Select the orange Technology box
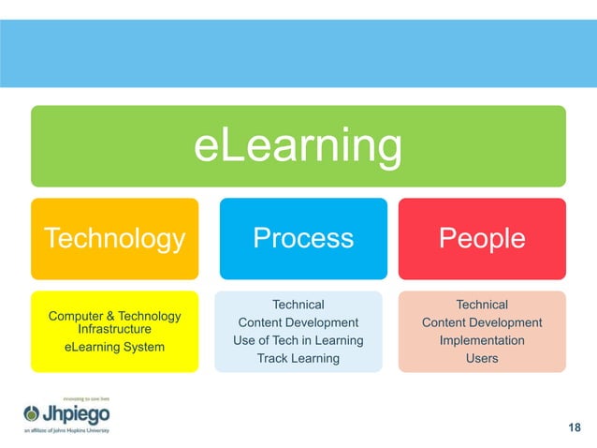tap(114, 239)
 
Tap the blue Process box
tap(303, 239)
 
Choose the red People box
tap(482, 239)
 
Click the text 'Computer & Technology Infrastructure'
tap(114, 323)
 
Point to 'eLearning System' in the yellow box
tap(114, 348)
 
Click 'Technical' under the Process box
tap(298, 305)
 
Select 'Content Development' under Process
tap(298, 322)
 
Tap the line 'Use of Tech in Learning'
tap(298, 340)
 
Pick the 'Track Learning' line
tap(298, 358)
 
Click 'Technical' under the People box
tap(482, 305)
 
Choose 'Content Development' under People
tap(482, 322)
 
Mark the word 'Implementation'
tap(482, 340)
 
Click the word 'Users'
tap(482, 358)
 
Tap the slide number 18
tap(575, 428)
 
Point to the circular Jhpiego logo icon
tap(32, 413)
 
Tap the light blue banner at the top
tap(298, 52)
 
